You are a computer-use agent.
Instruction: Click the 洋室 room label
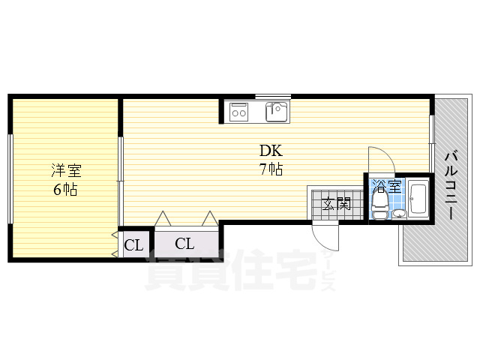pos(67,171)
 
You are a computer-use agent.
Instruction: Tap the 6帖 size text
pos(65,190)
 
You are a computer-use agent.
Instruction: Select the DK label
pos(271,151)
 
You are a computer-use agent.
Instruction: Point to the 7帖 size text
pos(271,169)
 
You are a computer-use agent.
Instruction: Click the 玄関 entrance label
pos(337,203)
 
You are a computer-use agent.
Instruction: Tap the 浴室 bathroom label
pos(387,186)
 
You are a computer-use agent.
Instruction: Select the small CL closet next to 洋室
pos(133,245)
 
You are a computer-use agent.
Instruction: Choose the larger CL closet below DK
pos(185,244)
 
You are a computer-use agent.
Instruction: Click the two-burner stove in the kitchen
pos(238,112)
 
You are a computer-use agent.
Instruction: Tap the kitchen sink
pos(277,112)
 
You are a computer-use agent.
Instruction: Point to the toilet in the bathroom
pos(380,204)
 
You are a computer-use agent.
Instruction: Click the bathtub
pos(418,199)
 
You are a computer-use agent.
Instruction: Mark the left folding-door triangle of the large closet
pos(163,218)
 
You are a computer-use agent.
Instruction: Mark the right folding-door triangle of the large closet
pos(210,218)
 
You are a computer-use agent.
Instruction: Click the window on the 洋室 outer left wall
pos(10,179)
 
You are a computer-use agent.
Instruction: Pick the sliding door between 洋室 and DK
pos(121,181)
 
